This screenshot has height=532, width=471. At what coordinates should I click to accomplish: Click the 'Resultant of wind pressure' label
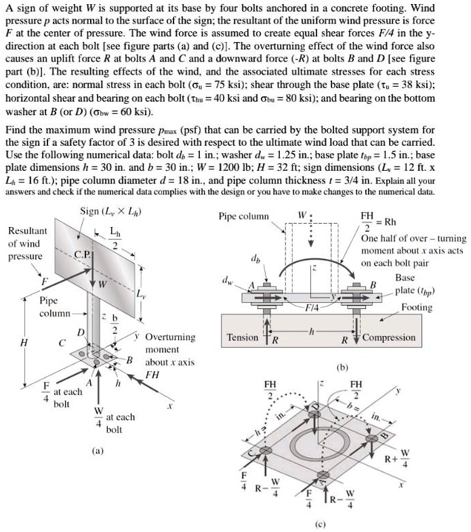[27, 243]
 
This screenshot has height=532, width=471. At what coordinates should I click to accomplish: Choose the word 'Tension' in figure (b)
[243, 337]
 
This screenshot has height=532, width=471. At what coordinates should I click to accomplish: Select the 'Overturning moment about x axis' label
[170, 349]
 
